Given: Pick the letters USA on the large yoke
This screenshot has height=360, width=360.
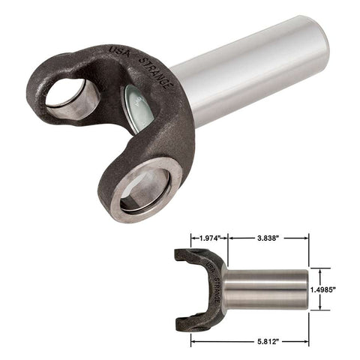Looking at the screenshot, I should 120,50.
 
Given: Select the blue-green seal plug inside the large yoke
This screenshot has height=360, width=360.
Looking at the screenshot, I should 138,109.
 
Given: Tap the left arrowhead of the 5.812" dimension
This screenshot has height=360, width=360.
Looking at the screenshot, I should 193,341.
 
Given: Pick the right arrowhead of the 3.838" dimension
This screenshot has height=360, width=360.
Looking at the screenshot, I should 305,238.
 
